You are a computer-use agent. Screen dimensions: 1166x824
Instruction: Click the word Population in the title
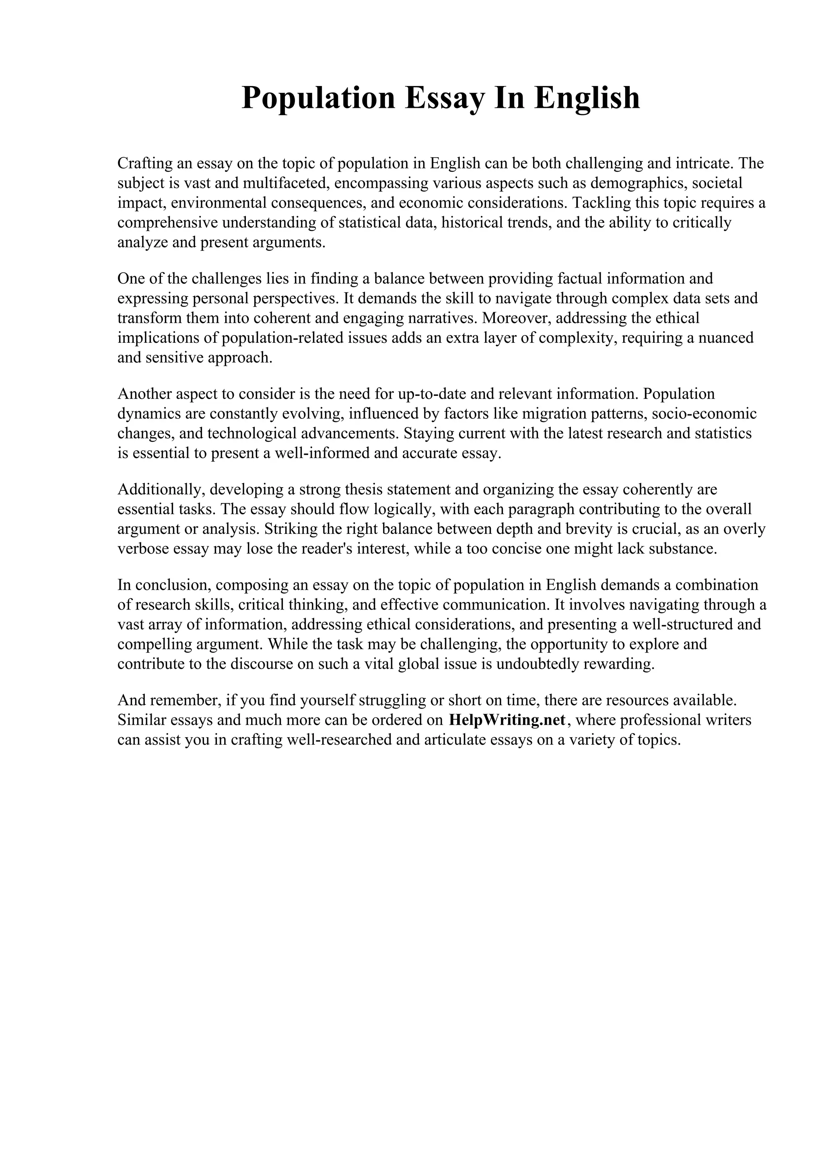pyautogui.click(x=318, y=98)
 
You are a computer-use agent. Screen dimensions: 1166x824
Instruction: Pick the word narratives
pyautogui.click(x=441, y=318)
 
